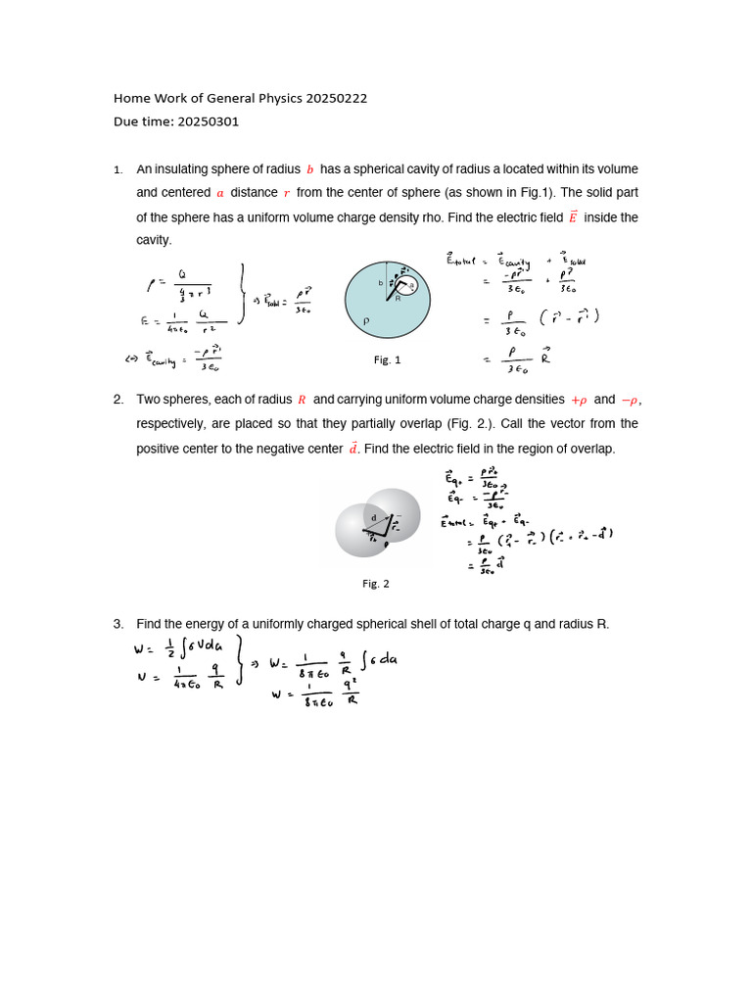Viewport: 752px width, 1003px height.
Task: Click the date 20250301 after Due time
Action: pyautogui.click(x=208, y=122)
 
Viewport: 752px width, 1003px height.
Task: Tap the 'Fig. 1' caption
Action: pyautogui.click(x=388, y=360)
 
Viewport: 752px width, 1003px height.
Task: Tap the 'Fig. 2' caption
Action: pyautogui.click(x=376, y=584)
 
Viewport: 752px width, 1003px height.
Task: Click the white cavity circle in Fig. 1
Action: pyautogui.click(x=410, y=287)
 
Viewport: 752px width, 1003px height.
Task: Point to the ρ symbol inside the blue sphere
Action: pyautogui.click(x=366, y=320)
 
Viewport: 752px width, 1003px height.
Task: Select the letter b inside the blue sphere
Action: pyautogui.click(x=381, y=283)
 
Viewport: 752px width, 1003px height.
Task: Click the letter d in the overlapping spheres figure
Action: pyautogui.click(x=373, y=517)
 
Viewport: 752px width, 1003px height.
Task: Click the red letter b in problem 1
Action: pyautogui.click(x=310, y=169)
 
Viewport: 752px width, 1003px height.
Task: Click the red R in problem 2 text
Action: pyautogui.click(x=302, y=400)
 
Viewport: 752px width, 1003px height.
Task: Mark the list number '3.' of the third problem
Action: pyautogui.click(x=117, y=624)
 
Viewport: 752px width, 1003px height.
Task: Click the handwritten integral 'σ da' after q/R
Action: pyautogui.click(x=379, y=659)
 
